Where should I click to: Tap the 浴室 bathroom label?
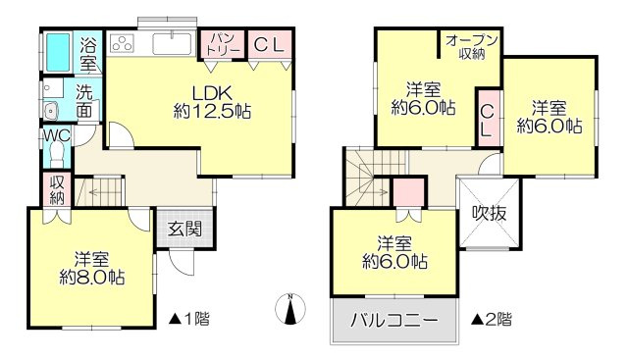(88, 54)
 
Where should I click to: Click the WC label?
(56, 136)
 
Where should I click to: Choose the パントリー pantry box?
(221, 43)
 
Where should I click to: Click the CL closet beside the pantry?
(268, 44)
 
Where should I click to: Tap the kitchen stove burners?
(124, 43)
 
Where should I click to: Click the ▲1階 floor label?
(187, 318)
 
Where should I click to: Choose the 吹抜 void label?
(488, 212)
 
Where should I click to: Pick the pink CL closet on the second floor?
(488, 120)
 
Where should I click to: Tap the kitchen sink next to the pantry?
(173, 43)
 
